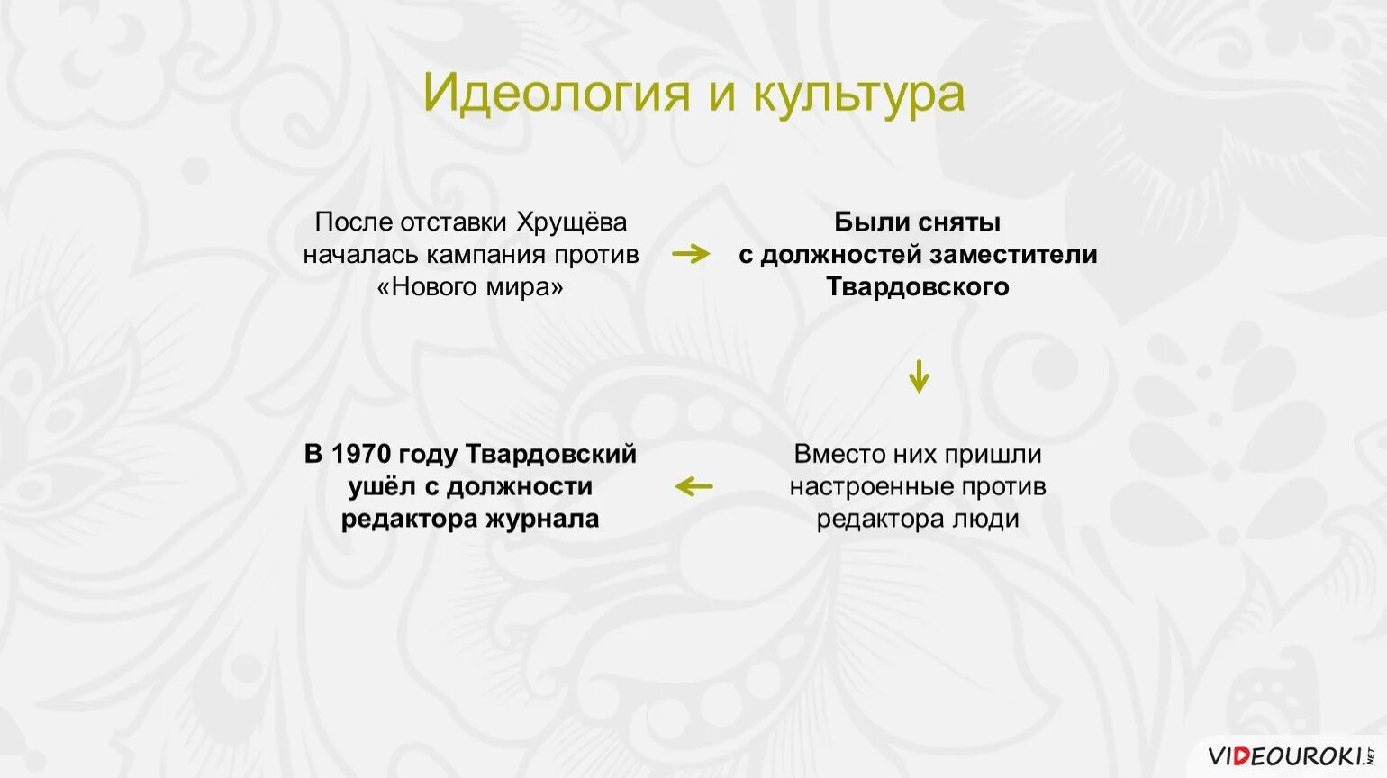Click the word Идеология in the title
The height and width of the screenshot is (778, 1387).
(556, 94)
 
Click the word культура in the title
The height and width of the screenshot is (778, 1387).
(858, 94)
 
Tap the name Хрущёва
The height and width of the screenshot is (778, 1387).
(572, 222)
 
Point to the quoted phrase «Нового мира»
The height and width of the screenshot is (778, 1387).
(470, 286)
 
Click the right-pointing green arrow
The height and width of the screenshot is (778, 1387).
(691, 254)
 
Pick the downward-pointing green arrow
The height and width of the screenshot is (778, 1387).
(918, 375)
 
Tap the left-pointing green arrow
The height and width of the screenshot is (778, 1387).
(693, 486)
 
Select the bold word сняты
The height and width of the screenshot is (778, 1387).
(958, 222)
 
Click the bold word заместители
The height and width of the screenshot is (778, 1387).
(1013, 254)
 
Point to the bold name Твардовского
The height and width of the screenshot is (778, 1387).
(918, 286)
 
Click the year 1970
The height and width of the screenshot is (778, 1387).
(359, 454)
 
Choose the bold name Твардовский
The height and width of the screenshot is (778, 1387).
(550, 454)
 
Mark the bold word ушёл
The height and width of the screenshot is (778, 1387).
(382, 486)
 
